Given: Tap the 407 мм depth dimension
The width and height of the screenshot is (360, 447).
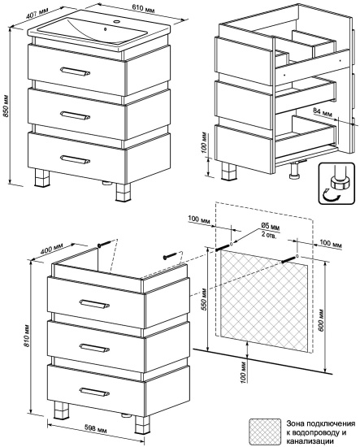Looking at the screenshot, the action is coord(37,13).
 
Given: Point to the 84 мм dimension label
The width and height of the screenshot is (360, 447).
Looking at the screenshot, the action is coord(323,112).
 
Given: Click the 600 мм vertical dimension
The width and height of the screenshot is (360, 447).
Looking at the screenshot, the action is coord(320,320).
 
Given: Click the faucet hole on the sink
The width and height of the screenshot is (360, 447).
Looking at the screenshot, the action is coord(116,21).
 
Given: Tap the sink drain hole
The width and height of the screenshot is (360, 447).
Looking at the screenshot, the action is coord(105,28).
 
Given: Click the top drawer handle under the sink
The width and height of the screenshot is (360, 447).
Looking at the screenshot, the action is coord(76,72).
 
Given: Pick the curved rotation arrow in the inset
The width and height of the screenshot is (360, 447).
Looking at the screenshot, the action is coord(331,197).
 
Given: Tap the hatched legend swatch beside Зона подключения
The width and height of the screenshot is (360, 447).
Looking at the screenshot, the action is coord(265,432).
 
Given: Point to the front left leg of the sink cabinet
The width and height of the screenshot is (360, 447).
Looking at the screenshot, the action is coord(41,178).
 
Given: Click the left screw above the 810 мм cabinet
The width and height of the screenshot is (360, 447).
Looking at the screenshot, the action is coord(104,244).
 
